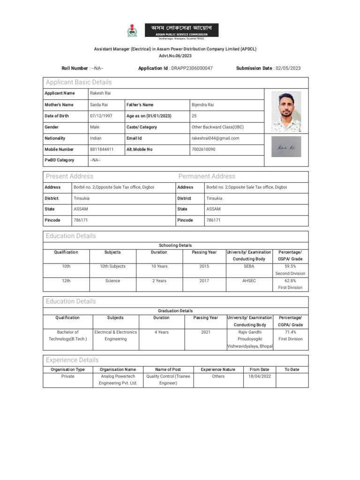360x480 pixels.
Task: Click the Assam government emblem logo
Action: coord(132,31)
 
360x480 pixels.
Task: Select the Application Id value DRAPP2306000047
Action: coord(191,68)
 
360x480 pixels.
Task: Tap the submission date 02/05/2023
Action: coord(287,68)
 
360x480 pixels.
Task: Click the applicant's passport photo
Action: coord(287,112)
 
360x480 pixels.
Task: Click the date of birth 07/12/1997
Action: coord(101,116)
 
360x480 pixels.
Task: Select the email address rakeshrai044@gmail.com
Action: coord(215,138)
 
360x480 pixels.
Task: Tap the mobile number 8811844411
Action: coord(102,150)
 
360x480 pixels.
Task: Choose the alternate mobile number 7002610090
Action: coord(203,150)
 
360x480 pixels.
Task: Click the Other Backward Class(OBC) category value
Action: coord(217,127)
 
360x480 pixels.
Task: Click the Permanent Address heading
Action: coord(207,176)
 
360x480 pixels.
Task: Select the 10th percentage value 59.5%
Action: coord(290,266)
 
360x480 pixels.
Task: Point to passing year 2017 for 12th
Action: coord(204,281)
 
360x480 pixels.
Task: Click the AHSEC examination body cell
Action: coord(248,281)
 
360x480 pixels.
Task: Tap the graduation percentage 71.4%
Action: coord(290,332)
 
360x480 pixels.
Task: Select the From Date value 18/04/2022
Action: coord(259,376)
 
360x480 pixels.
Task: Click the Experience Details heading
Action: coord(72,360)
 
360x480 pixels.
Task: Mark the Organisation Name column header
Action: coord(118,369)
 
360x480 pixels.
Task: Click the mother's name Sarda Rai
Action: coord(99,105)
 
